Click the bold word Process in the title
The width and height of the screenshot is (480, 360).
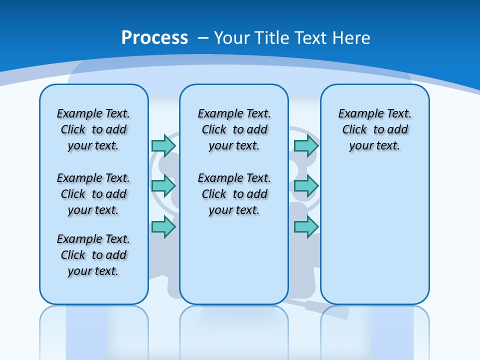coord(154,38)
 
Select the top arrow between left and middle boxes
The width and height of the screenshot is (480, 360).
coord(163,145)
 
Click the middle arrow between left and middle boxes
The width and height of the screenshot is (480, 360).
coord(163,186)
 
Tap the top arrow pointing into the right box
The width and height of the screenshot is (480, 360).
coord(306,145)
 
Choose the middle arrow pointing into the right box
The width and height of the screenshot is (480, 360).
coord(306,186)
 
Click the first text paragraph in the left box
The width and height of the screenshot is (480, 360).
coord(93,129)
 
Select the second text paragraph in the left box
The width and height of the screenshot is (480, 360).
coord(93,194)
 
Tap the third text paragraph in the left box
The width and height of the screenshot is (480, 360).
coord(93,255)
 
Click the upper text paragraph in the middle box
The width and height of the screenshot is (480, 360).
coord(234,129)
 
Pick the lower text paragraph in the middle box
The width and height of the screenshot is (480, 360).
coord(234,194)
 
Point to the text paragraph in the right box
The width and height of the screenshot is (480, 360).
coord(374,129)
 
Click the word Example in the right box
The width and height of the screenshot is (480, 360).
coord(357,114)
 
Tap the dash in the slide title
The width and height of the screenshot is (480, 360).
coord(203,38)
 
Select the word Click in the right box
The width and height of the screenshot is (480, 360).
coord(354,130)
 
